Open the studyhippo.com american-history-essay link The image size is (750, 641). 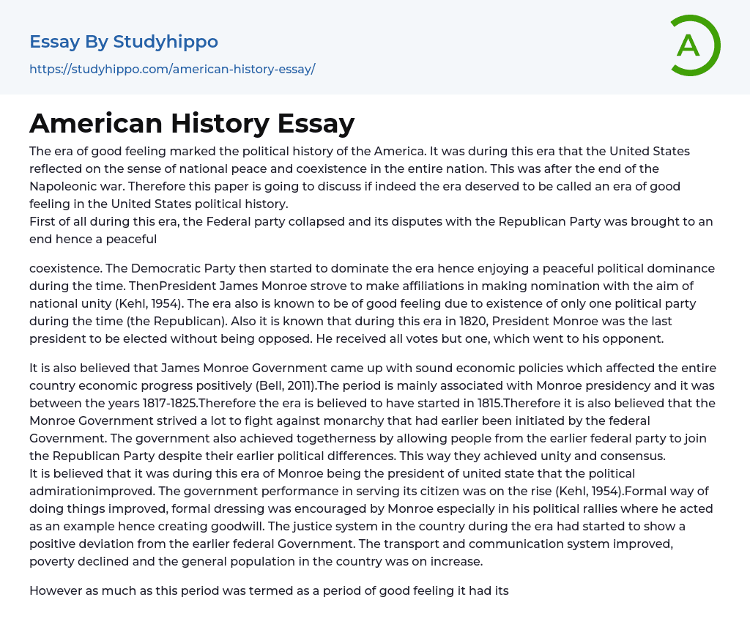click(x=172, y=70)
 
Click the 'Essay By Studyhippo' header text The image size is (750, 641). click(x=124, y=42)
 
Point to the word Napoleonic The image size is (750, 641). click(x=66, y=186)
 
